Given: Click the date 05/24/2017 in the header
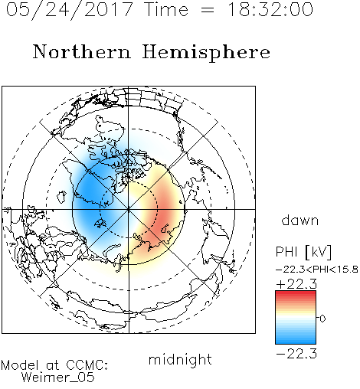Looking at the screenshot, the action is pos(69,10).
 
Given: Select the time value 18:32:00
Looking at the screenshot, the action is pos(270,9).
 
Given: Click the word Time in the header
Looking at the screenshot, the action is pos(166,9).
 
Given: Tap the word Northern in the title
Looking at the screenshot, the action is pos(81,51).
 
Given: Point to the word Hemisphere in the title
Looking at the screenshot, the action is pos(206,53).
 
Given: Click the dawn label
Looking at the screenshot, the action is pos(300,221).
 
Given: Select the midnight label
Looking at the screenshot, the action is pos(180,360).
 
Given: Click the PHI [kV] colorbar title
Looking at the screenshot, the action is pos(303,252).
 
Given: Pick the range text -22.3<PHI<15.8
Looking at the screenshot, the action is pos(317,270).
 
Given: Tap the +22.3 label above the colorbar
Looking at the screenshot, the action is pos(296,284).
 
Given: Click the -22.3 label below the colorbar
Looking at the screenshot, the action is pos(296,354).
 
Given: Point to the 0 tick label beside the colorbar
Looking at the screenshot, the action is pos(322,319).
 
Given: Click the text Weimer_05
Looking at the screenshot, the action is pos(58,378).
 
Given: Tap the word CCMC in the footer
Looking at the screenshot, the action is pos(86,365).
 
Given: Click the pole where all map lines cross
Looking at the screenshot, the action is pos(129,209).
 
